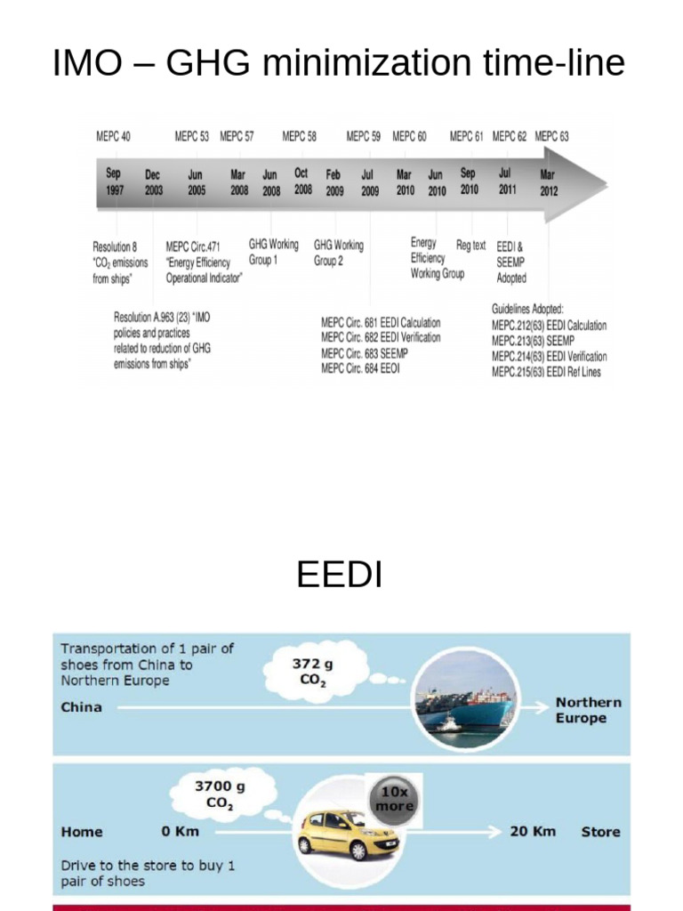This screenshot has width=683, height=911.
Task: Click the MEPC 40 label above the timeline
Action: (x=113, y=137)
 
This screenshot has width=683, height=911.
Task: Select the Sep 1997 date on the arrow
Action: (x=114, y=182)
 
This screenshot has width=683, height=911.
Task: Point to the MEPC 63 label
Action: (x=551, y=137)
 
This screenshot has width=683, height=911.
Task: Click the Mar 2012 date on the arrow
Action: (x=549, y=182)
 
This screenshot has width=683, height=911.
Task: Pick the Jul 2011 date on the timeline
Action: (x=506, y=181)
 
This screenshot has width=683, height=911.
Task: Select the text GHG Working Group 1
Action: (x=273, y=253)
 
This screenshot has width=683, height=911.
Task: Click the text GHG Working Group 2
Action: (x=338, y=253)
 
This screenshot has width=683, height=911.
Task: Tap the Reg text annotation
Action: (x=470, y=246)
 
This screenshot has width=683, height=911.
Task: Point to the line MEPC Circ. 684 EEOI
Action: (x=360, y=367)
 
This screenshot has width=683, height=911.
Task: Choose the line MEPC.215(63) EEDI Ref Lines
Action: (x=546, y=372)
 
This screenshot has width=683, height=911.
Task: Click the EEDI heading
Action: (x=339, y=576)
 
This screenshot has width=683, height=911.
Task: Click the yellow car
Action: (x=349, y=833)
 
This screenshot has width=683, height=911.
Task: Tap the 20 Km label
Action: (x=533, y=831)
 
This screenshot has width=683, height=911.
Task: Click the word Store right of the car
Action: (x=600, y=831)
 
